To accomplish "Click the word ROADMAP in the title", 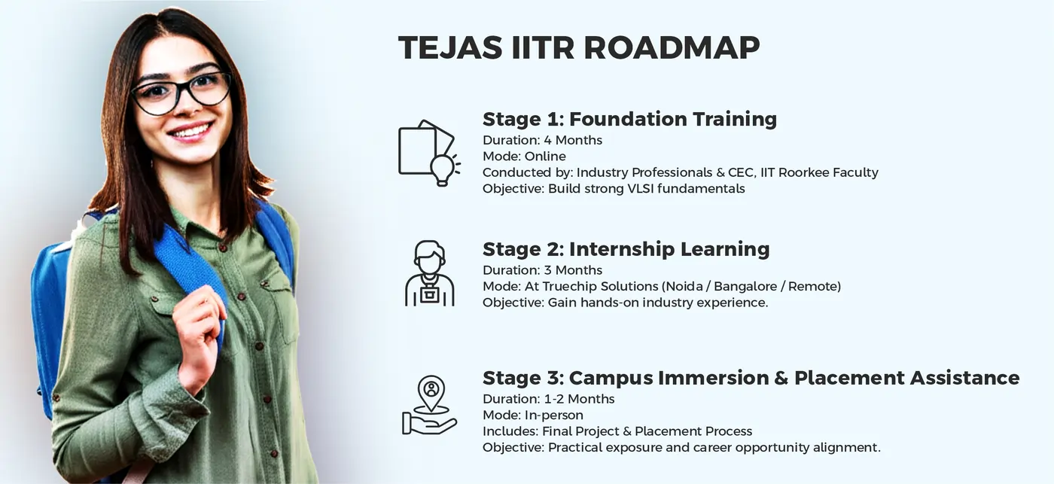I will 672,47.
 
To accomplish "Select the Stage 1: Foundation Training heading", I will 629,119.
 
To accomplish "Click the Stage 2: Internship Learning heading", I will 626,249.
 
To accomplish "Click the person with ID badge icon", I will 429,274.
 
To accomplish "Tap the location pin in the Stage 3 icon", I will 431,391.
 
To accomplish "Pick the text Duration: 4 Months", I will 542,140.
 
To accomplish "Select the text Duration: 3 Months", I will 542,270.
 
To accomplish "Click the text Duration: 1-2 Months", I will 548,399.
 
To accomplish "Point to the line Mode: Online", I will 524,157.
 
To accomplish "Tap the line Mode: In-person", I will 532,415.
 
